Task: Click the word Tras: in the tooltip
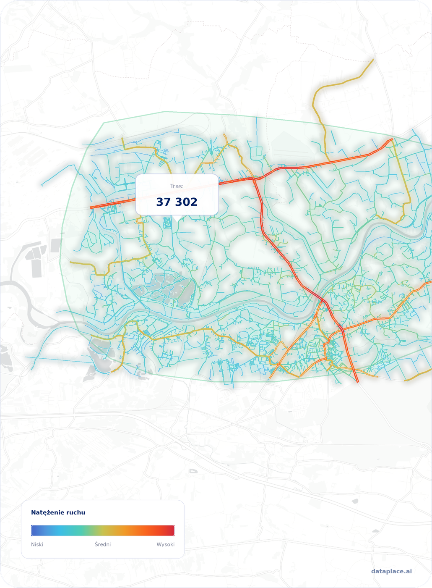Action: click(x=177, y=186)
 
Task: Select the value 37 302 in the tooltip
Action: click(x=177, y=202)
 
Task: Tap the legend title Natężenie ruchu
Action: click(x=58, y=512)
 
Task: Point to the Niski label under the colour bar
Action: click(x=37, y=544)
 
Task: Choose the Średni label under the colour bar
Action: click(x=103, y=544)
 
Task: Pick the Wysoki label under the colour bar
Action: click(x=165, y=544)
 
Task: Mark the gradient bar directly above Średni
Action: click(x=103, y=530)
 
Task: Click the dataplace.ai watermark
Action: click(x=391, y=571)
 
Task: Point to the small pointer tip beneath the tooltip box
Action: click(x=177, y=218)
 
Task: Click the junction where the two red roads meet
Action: click(x=254, y=179)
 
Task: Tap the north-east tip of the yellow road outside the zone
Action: click(x=373, y=60)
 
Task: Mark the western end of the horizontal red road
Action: click(x=91, y=207)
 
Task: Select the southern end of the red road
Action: click(x=358, y=382)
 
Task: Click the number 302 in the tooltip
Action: click(x=186, y=202)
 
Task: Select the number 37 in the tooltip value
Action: click(x=163, y=202)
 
